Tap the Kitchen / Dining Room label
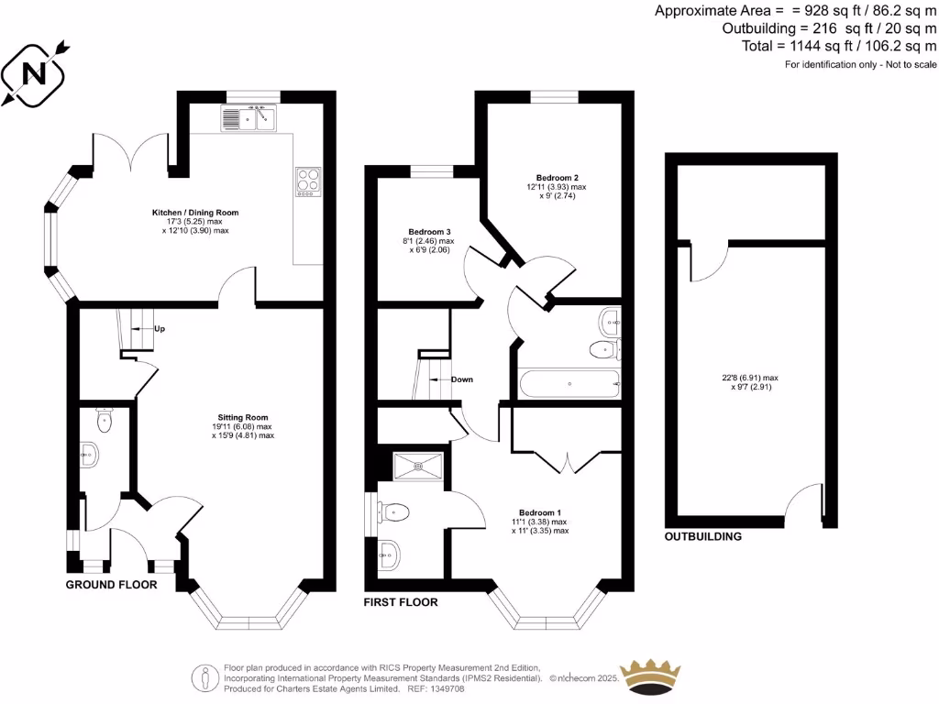point(194,213)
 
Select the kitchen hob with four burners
point(308,181)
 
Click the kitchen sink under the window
point(248,118)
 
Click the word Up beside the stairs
point(160,329)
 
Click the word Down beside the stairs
point(462,379)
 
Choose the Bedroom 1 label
point(540,512)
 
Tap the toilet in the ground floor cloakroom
point(104,422)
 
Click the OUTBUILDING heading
point(702,536)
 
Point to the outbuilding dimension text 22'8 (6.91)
point(750,377)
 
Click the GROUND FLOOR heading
point(111,585)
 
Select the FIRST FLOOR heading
point(401,602)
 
